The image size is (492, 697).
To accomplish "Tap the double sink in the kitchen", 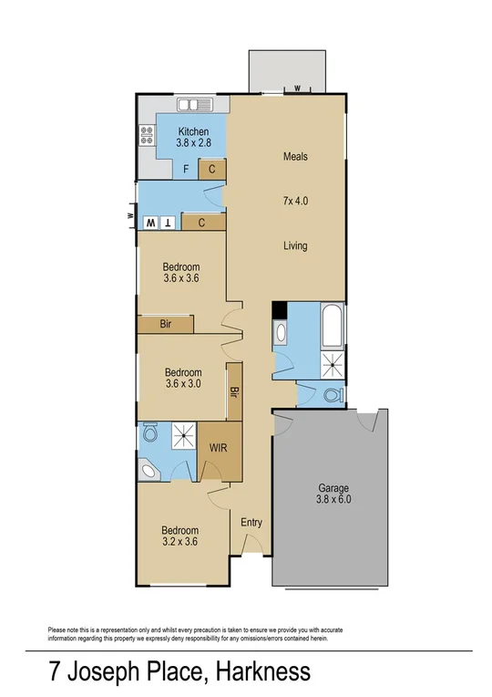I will [x=195, y=104].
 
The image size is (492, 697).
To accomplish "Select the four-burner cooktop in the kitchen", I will [x=146, y=136].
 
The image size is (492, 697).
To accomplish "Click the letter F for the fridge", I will [x=186, y=169].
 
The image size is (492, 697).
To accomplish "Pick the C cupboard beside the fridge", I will [x=212, y=169].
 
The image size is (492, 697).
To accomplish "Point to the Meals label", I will [x=294, y=157].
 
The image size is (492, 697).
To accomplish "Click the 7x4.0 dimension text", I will [x=294, y=200].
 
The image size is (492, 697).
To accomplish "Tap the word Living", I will [x=294, y=245].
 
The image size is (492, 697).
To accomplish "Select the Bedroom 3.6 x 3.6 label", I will [x=180, y=273].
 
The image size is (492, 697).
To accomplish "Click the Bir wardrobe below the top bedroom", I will [x=165, y=324].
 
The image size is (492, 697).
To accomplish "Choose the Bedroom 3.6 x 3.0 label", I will [x=180, y=378].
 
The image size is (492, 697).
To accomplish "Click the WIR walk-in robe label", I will [x=219, y=449].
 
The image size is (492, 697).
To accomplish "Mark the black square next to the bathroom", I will [x=280, y=310].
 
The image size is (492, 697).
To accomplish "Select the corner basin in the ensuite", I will [x=147, y=470].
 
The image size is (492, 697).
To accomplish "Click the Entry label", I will [x=251, y=523].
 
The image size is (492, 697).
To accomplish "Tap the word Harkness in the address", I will [x=263, y=673].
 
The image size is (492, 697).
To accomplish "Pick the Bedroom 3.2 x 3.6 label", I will [x=180, y=536].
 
